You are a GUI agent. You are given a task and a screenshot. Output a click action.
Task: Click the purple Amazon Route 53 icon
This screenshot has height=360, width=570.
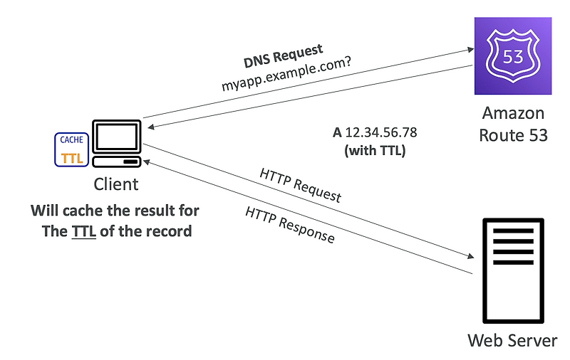(x=513, y=56)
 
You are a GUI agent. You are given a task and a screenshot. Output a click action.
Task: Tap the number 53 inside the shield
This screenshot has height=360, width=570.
(x=513, y=55)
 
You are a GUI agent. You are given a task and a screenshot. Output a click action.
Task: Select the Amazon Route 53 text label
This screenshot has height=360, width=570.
(x=514, y=124)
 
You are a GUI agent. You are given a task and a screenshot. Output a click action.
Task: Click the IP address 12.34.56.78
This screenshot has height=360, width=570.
(x=380, y=133)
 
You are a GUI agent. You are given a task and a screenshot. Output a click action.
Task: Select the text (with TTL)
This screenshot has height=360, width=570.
(x=374, y=150)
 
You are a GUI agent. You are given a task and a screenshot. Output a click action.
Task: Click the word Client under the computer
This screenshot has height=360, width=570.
(x=116, y=184)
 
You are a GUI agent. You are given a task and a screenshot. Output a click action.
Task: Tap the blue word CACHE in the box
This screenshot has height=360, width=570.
(x=71, y=141)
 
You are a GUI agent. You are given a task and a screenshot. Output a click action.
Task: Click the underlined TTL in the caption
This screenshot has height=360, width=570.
(x=83, y=232)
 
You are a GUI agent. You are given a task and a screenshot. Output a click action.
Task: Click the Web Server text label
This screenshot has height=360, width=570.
(x=512, y=340)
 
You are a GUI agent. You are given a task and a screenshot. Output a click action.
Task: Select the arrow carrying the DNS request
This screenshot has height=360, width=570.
(x=306, y=85)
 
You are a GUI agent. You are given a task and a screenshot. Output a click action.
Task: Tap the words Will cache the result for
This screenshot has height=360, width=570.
(x=115, y=211)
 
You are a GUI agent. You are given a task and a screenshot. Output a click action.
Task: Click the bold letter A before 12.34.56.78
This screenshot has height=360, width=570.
(x=337, y=133)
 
